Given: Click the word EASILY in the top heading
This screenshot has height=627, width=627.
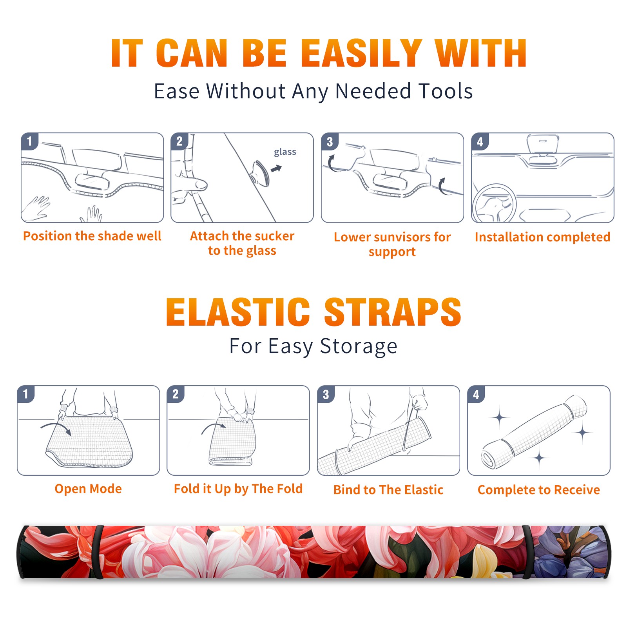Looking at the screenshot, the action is [x=361, y=53].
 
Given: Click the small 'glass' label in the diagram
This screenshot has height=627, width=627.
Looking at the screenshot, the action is [x=285, y=152].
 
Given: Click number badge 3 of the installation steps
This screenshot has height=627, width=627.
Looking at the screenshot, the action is [x=330, y=141].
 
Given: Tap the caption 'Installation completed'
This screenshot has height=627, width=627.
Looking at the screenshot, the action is [x=542, y=237].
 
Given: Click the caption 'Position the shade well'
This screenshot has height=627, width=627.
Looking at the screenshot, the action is [x=92, y=236].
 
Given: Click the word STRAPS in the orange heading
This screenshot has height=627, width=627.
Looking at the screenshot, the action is [x=393, y=312].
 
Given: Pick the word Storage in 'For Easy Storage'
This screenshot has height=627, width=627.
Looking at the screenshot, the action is [x=359, y=346].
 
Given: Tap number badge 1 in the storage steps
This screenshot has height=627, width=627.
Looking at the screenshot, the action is [x=26, y=394].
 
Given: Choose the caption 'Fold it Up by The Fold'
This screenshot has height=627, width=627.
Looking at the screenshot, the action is [x=238, y=489].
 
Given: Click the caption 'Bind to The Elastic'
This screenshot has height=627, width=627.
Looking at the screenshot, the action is [x=388, y=490].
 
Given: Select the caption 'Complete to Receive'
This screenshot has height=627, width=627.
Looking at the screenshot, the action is [x=539, y=490].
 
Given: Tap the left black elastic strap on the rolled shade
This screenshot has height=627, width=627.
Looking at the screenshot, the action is [x=98, y=552].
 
